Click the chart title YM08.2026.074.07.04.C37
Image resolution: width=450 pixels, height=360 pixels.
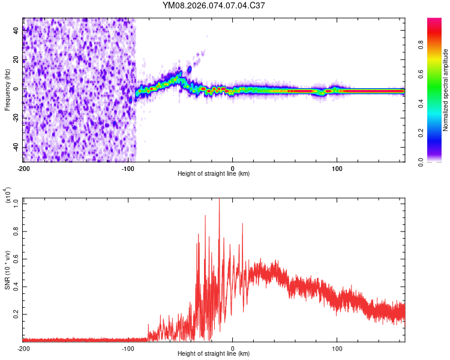click(214, 6)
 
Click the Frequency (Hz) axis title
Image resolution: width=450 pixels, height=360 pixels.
click(7, 89)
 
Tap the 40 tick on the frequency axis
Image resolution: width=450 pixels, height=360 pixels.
click(16, 31)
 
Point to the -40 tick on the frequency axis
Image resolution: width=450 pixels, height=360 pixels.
click(15, 147)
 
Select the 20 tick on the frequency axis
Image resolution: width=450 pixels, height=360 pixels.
click(16, 60)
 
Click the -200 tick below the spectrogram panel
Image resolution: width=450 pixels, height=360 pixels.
click(23, 167)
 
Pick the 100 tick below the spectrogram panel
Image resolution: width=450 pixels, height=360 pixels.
click(337, 167)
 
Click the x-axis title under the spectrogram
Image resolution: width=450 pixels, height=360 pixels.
click(214, 174)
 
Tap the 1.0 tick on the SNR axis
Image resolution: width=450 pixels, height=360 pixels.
click(16, 203)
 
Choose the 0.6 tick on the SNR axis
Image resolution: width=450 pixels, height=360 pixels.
click(16, 259)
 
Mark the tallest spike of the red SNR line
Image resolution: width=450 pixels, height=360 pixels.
click(219, 200)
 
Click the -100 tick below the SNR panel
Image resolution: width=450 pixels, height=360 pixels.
click(128, 348)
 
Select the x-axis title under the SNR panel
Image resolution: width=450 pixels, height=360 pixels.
click(214, 354)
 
